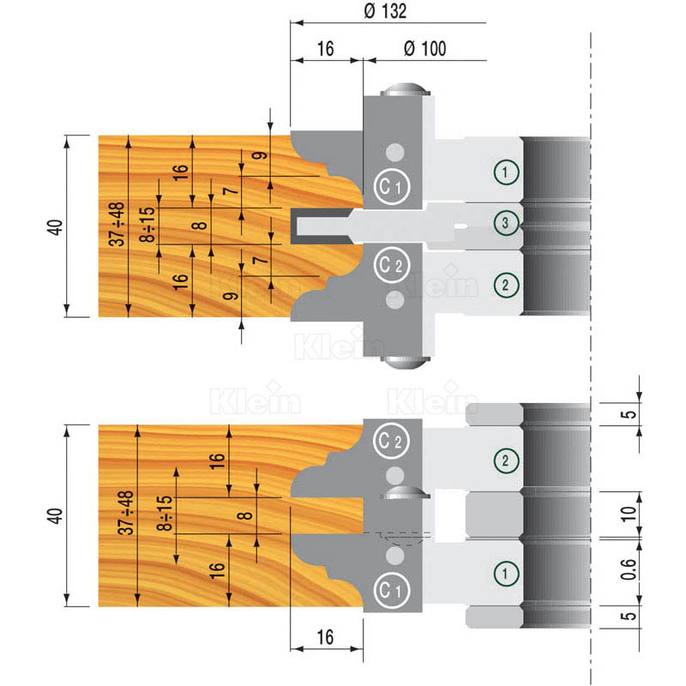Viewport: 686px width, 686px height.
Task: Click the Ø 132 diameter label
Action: [385, 11]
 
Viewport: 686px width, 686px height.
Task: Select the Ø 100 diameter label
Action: [424, 49]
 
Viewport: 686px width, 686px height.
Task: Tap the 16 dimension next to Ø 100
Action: [326, 49]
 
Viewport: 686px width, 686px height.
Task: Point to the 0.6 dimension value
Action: [629, 569]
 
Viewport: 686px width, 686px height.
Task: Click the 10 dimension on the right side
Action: [629, 514]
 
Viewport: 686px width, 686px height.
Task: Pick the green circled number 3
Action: [505, 223]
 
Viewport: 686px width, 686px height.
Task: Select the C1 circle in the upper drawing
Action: [392, 187]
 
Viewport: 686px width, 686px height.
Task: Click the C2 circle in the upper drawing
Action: [392, 265]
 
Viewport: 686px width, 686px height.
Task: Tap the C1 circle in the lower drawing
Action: [391, 590]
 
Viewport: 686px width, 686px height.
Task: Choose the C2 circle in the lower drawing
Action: [391, 441]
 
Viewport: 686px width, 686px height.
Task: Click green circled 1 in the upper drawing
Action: [506, 172]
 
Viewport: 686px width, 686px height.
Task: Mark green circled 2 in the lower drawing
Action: [506, 460]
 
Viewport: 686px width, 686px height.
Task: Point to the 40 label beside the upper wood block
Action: [56, 227]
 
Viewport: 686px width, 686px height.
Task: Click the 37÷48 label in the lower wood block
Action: [126, 512]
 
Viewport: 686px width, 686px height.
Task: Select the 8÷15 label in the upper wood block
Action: [147, 225]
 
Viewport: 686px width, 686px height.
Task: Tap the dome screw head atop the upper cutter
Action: [405, 89]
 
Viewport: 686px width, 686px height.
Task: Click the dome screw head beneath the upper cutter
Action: [405, 362]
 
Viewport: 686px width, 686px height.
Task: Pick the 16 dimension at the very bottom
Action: [326, 637]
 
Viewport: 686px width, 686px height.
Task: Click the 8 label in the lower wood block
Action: [245, 515]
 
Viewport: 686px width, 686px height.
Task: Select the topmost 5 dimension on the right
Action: [629, 414]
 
